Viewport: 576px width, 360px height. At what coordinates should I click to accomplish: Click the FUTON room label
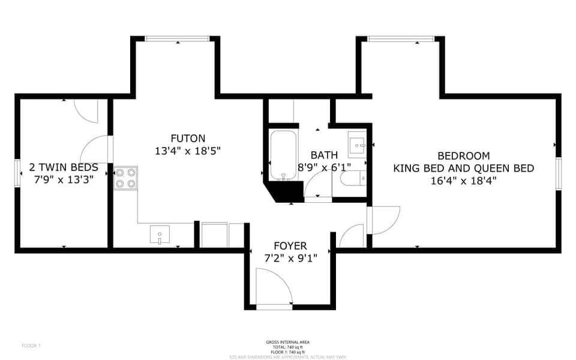[188, 138]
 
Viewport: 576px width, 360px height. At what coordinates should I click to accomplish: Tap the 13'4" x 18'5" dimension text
[188, 152]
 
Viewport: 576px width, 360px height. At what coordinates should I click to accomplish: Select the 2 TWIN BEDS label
[64, 167]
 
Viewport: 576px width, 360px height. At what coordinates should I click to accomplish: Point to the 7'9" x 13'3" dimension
[64, 180]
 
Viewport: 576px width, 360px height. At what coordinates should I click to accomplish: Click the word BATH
[324, 155]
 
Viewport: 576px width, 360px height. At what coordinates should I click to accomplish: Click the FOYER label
[290, 246]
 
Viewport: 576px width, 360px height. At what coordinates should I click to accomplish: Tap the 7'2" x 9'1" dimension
[290, 259]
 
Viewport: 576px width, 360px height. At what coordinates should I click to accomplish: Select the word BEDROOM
[463, 155]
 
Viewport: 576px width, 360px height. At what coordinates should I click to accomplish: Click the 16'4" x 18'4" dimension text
[463, 180]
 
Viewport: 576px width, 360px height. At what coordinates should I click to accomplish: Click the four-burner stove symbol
[125, 178]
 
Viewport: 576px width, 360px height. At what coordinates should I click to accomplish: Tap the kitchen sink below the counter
[160, 235]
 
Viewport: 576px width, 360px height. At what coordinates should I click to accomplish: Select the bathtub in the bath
[282, 155]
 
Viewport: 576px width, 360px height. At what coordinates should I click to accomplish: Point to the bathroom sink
[358, 144]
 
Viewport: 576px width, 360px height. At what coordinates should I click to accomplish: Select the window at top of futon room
[177, 39]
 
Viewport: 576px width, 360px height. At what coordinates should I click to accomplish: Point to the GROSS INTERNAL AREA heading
[288, 342]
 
